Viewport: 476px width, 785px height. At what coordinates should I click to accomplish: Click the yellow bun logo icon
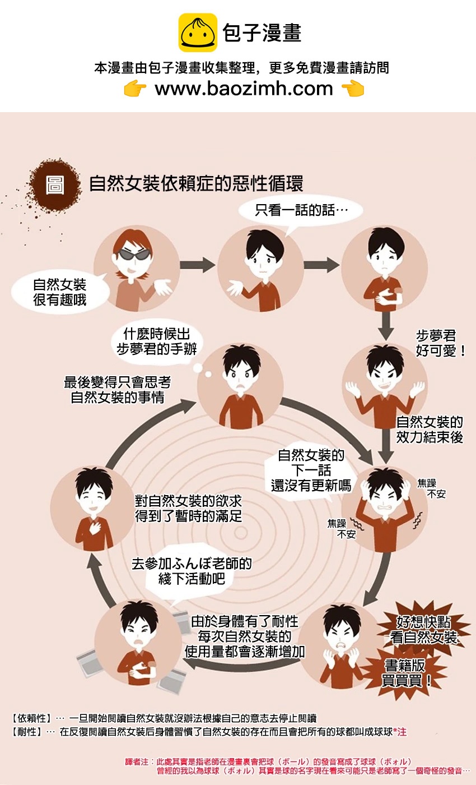click(198, 33)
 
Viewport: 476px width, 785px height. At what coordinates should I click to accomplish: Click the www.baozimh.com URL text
click(244, 89)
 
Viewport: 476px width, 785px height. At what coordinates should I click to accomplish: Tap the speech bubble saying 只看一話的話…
click(301, 211)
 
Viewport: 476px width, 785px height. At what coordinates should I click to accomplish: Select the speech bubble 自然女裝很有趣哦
click(59, 292)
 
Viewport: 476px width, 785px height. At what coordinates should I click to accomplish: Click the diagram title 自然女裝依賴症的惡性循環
click(196, 184)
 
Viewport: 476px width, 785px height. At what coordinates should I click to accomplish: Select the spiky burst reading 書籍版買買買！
click(407, 673)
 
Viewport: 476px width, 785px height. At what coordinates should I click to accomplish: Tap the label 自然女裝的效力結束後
click(429, 430)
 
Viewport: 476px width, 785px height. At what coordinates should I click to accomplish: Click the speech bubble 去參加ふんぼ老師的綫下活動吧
click(192, 571)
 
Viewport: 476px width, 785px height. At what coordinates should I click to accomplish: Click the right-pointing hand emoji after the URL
click(352, 89)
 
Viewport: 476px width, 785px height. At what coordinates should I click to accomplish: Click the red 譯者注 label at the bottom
click(137, 762)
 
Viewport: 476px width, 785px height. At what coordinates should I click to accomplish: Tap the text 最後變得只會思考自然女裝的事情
click(117, 390)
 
